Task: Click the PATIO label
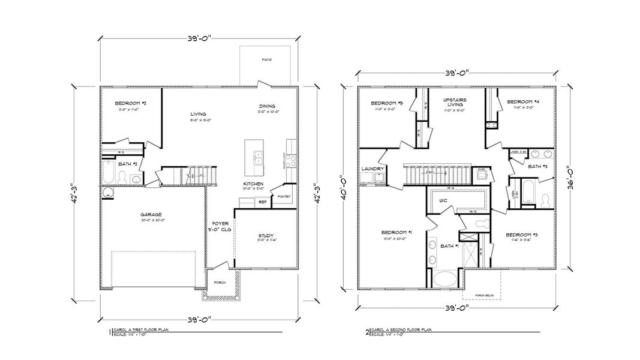pyautogui.click(x=266, y=60)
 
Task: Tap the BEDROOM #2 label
pyautogui.click(x=127, y=103)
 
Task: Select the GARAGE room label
pyautogui.click(x=151, y=214)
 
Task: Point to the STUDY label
pyautogui.click(x=266, y=236)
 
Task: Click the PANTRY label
pyautogui.click(x=284, y=196)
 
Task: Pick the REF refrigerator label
pyautogui.click(x=262, y=202)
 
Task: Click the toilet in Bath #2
pyautogui.click(x=122, y=178)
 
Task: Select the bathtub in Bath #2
pyautogui.click(x=109, y=172)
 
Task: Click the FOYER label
pyautogui.click(x=220, y=223)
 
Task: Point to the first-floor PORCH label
pyautogui.click(x=220, y=283)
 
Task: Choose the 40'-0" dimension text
pyautogui.click(x=342, y=186)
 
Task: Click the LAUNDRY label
pyautogui.click(x=372, y=169)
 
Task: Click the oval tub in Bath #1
pyautogui.click(x=444, y=280)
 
